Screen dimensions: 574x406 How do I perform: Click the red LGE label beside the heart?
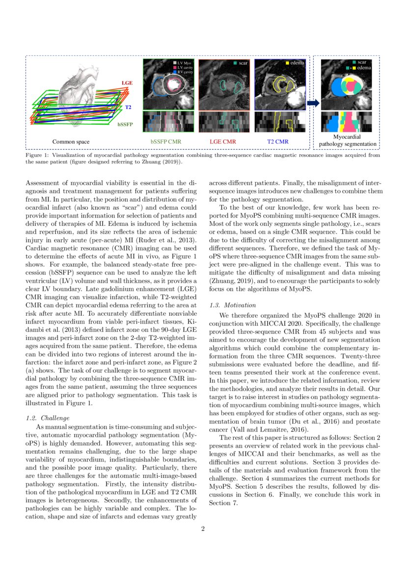(x=127, y=83)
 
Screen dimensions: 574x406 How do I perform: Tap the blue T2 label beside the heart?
(x=128, y=107)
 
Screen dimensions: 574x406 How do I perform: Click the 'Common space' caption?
(x=71, y=142)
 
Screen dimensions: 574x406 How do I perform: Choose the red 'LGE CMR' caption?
(x=223, y=142)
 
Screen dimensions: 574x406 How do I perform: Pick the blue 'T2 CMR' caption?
(x=278, y=142)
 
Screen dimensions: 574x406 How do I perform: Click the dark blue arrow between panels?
(x=313, y=103)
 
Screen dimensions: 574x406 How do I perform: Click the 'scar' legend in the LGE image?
(x=240, y=63)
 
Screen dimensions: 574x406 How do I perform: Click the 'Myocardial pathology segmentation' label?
(x=348, y=140)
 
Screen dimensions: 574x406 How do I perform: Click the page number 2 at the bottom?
(x=203, y=529)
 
